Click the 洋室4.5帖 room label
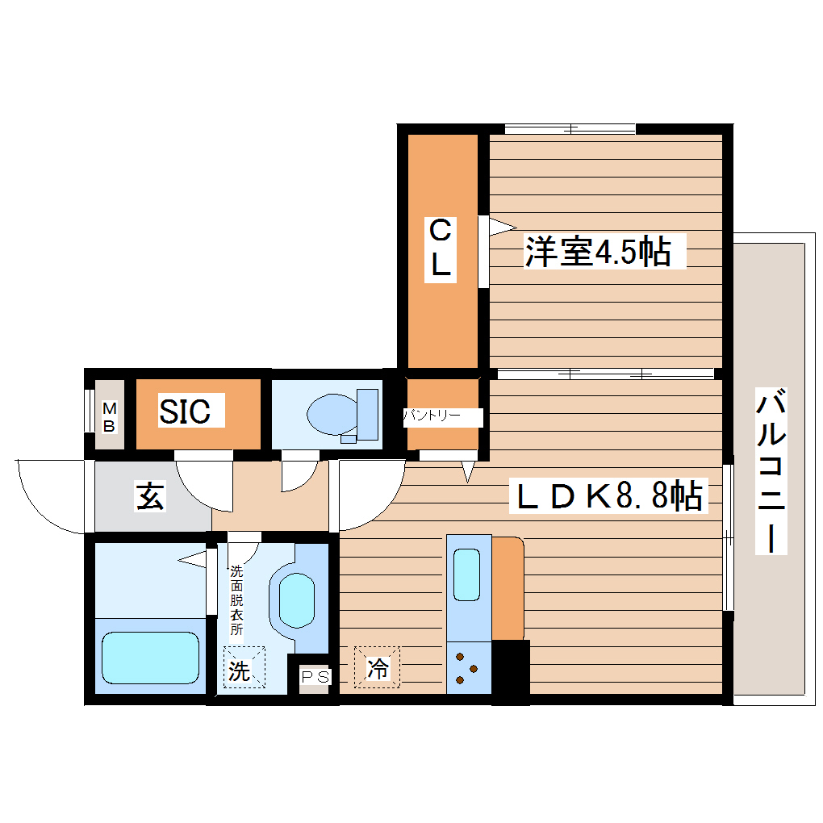tap(598, 252)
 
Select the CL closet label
tap(440, 250)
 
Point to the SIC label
tap(185, 411)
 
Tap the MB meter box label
tap(109, 418)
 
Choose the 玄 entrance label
tap(151, 496)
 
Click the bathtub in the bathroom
tap(151, 658)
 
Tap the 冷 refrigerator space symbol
tap(377, 667)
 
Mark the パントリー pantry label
tap(432, 416)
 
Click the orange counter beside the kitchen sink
tap(508, 587)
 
